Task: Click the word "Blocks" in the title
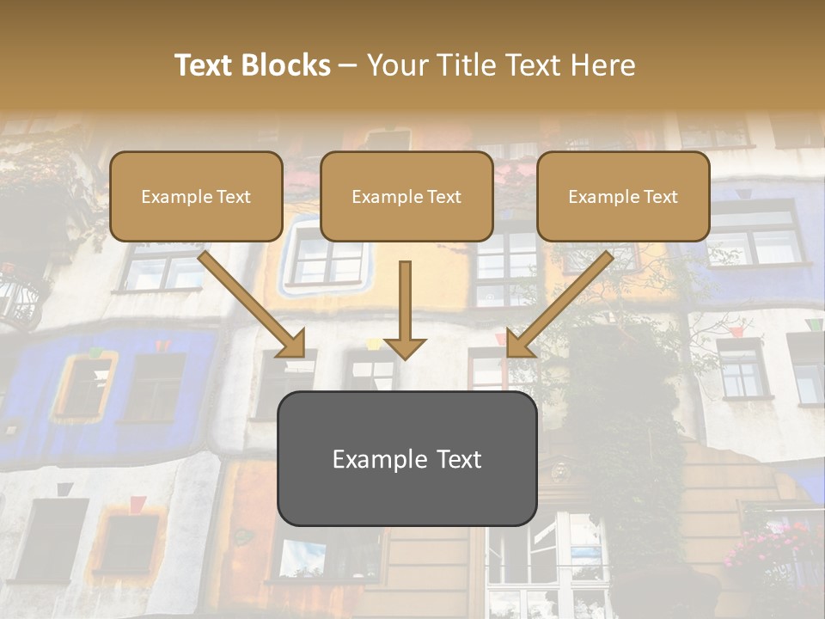click(x=284, y=65)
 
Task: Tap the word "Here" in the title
click(x=603, y=65)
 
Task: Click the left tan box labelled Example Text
click(x=196, y=196)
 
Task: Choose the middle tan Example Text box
click(x=406, y=196)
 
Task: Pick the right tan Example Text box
click(x=623, y=196)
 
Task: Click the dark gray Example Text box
click(x=406, y=458)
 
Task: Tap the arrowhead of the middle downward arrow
click(x=405, y=347)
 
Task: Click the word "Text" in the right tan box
click(x=660, y=197)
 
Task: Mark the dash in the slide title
click(x=348, y=66)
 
